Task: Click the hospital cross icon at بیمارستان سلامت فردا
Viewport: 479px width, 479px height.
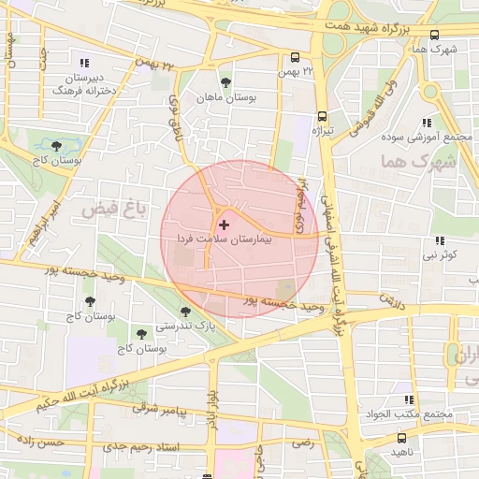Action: tap(223, 225)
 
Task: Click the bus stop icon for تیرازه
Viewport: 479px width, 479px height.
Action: tap(322, 116)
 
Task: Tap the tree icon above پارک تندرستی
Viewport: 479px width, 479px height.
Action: tap(185, 312)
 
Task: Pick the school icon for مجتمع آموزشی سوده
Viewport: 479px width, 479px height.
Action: tap(427, 123)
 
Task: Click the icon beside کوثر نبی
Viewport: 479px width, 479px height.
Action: tap(439, 239)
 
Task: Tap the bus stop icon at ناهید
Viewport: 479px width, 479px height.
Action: tap(401, 437)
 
